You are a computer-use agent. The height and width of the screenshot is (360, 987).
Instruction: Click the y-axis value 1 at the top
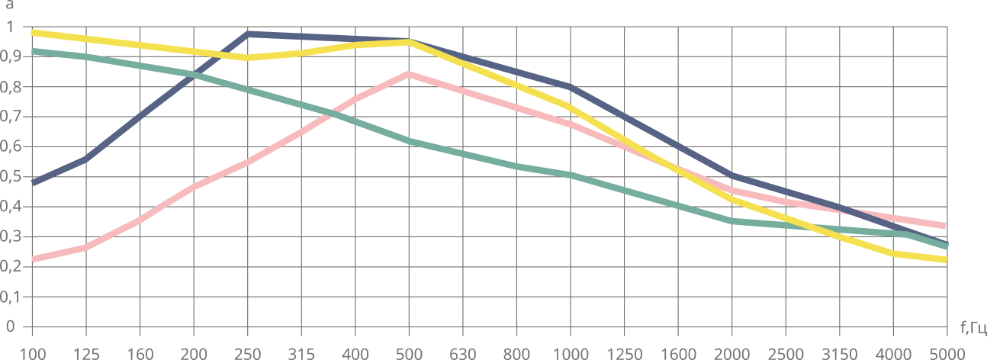point(11,27)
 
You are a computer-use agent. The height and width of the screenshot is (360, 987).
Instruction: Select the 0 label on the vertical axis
point(11,326)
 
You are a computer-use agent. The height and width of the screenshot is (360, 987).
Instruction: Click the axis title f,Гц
point(973,329)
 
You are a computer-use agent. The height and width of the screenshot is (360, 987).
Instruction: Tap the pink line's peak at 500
point(410,74)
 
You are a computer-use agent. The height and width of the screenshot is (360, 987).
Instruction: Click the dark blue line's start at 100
point(33,183)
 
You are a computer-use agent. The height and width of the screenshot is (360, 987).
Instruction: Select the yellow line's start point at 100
point(33,32)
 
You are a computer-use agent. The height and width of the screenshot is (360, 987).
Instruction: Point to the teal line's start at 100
point(33,50)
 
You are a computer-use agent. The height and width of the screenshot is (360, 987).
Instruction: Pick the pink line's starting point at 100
point(33,259)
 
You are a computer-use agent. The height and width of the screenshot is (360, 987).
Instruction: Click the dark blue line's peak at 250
point(249,34)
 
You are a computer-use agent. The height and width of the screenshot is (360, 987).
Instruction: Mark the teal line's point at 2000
point(732,221)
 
